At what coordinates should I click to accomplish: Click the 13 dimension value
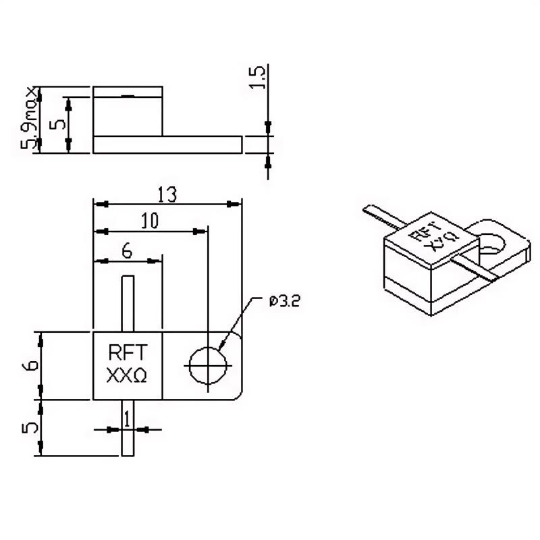(x=167, y=194)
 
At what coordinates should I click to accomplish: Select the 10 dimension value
(x=150, y=221)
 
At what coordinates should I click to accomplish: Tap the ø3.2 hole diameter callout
(x=284, y=301)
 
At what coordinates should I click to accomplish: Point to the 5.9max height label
(x=29, y=117)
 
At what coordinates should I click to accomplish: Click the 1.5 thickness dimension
(x=258, y=77)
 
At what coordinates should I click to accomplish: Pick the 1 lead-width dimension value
(x=128, y=419)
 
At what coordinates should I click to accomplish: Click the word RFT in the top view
(x=128, y=352)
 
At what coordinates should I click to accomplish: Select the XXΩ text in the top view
(x=127, y=375)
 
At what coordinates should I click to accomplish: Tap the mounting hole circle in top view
(x=208, y=365)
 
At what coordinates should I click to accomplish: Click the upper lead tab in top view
(x=128, y=303)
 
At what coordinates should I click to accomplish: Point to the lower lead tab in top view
(x=128, y=428)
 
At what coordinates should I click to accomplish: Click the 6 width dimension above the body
(x=127, y=251)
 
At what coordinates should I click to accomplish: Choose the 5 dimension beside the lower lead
(x=30, y=428)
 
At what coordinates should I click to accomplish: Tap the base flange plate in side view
(x=167, y=144)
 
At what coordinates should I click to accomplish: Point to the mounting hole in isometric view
(x=492, y=244)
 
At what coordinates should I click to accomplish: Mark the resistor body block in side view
(x=128, y=111)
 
